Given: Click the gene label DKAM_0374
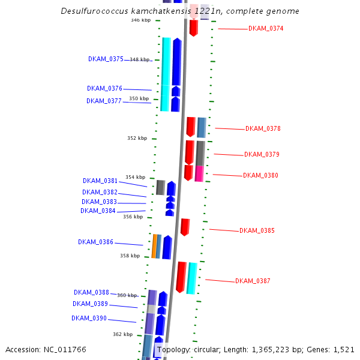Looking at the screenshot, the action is (266, 29).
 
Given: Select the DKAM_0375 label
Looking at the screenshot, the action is (106, 59).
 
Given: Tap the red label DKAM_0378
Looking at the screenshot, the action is (263, 128).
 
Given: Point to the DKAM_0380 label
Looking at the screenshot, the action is (260, 175).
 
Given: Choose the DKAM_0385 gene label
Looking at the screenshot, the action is (257, 230).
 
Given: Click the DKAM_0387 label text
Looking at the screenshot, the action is (253, 281).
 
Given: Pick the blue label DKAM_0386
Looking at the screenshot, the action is (95, 242).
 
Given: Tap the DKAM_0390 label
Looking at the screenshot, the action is (89, 318).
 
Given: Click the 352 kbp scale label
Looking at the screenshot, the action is (137, 138).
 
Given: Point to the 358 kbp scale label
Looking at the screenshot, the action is (130, 256).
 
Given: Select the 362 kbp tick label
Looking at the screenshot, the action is (122, 334).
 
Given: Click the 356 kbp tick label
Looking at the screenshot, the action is (133, 217).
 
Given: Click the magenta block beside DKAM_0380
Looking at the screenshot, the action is (199, 173).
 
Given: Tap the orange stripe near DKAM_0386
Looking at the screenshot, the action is (154, 246).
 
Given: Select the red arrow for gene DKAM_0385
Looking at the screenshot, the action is (185, 227).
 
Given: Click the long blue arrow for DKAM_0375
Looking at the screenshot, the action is (176, 61).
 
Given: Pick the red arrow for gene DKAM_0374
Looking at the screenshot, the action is (193, 28).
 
